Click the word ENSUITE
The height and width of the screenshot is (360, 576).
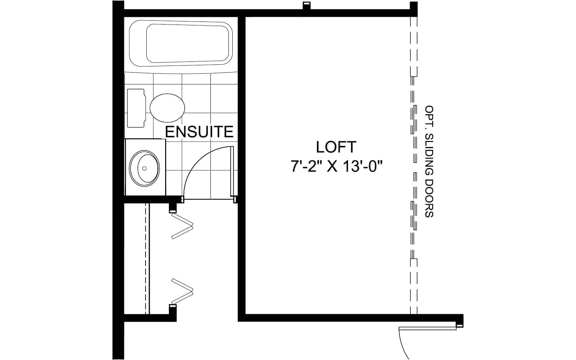pos(199,132)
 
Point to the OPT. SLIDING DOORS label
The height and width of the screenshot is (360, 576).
pos(429,161)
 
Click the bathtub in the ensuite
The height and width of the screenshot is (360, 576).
pos(181,43)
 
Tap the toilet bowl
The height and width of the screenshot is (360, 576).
pos(167,108)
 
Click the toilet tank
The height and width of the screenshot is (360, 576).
pos(136,108)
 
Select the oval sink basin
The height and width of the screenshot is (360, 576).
pos(144,168)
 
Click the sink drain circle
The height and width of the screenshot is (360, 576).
pos(144,168)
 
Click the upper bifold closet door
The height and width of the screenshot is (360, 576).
pos(182,226)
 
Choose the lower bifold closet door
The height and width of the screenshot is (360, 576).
pos(182,291)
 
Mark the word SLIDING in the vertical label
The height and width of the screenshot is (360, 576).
pos(429,155)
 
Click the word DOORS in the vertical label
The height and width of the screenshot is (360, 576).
pos(429,198)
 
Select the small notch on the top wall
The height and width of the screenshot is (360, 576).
pos(306,5)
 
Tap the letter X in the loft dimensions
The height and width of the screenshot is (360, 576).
pos(332,166)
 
